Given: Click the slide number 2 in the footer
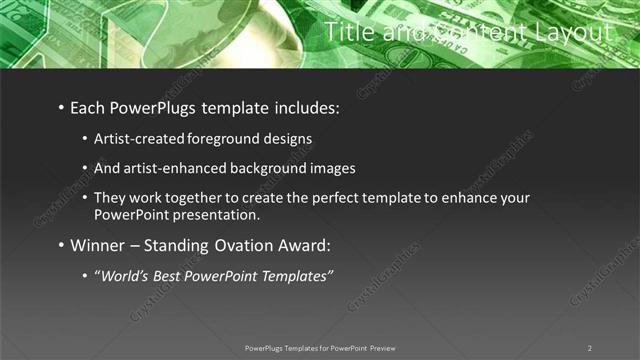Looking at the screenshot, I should click(589, 348).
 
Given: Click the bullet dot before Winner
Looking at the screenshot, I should click(62, 246).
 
